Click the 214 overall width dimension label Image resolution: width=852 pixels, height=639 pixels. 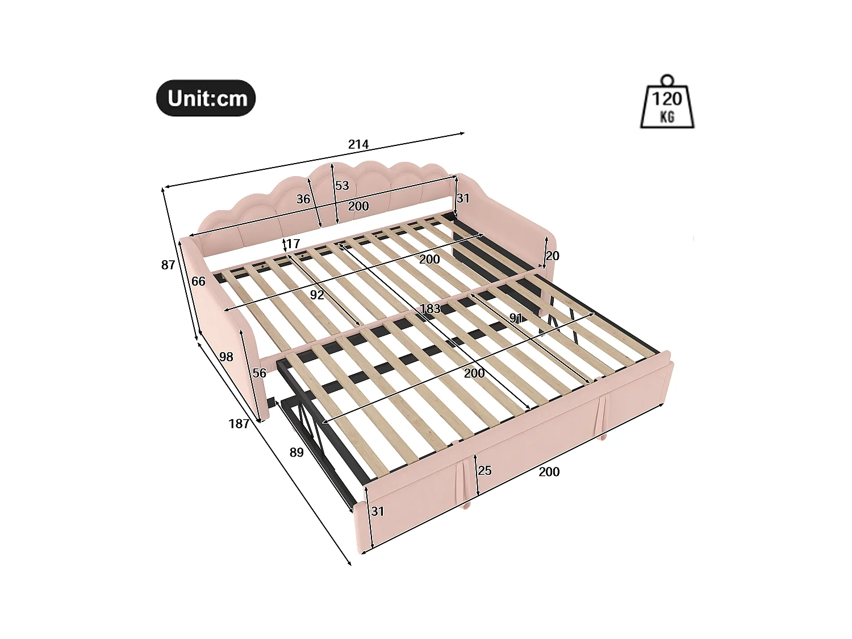[358, 144]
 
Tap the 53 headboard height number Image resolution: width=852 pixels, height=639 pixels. [342, 186]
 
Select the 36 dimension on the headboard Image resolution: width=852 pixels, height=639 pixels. [303, 199]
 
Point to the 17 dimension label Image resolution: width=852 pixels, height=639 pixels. [293, 244]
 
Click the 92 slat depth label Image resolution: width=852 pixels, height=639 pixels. [317, 295]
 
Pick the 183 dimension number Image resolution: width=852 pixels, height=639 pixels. [430, 309]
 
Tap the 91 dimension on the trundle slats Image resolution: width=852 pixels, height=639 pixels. [516, 318]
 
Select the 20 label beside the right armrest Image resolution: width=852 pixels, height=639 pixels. [553, 256]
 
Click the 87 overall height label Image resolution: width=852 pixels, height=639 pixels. [168, 265]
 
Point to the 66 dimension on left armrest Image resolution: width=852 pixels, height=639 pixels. [198, 281]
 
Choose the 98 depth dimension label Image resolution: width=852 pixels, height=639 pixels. [226, 357]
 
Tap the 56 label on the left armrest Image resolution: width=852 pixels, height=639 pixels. [260, 373]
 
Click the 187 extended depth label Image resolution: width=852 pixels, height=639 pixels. [239, 423]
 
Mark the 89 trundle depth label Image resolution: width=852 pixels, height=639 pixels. [296, 452]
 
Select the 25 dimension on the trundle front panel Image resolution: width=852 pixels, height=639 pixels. [485, 470]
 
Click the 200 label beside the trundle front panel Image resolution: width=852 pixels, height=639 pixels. [549, 471]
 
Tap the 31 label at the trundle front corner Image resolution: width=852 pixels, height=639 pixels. [378, 511]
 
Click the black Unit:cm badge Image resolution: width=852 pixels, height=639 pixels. [206, 98]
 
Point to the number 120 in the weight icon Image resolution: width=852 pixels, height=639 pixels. [667, 99]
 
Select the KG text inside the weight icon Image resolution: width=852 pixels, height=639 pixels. [667, 117]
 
